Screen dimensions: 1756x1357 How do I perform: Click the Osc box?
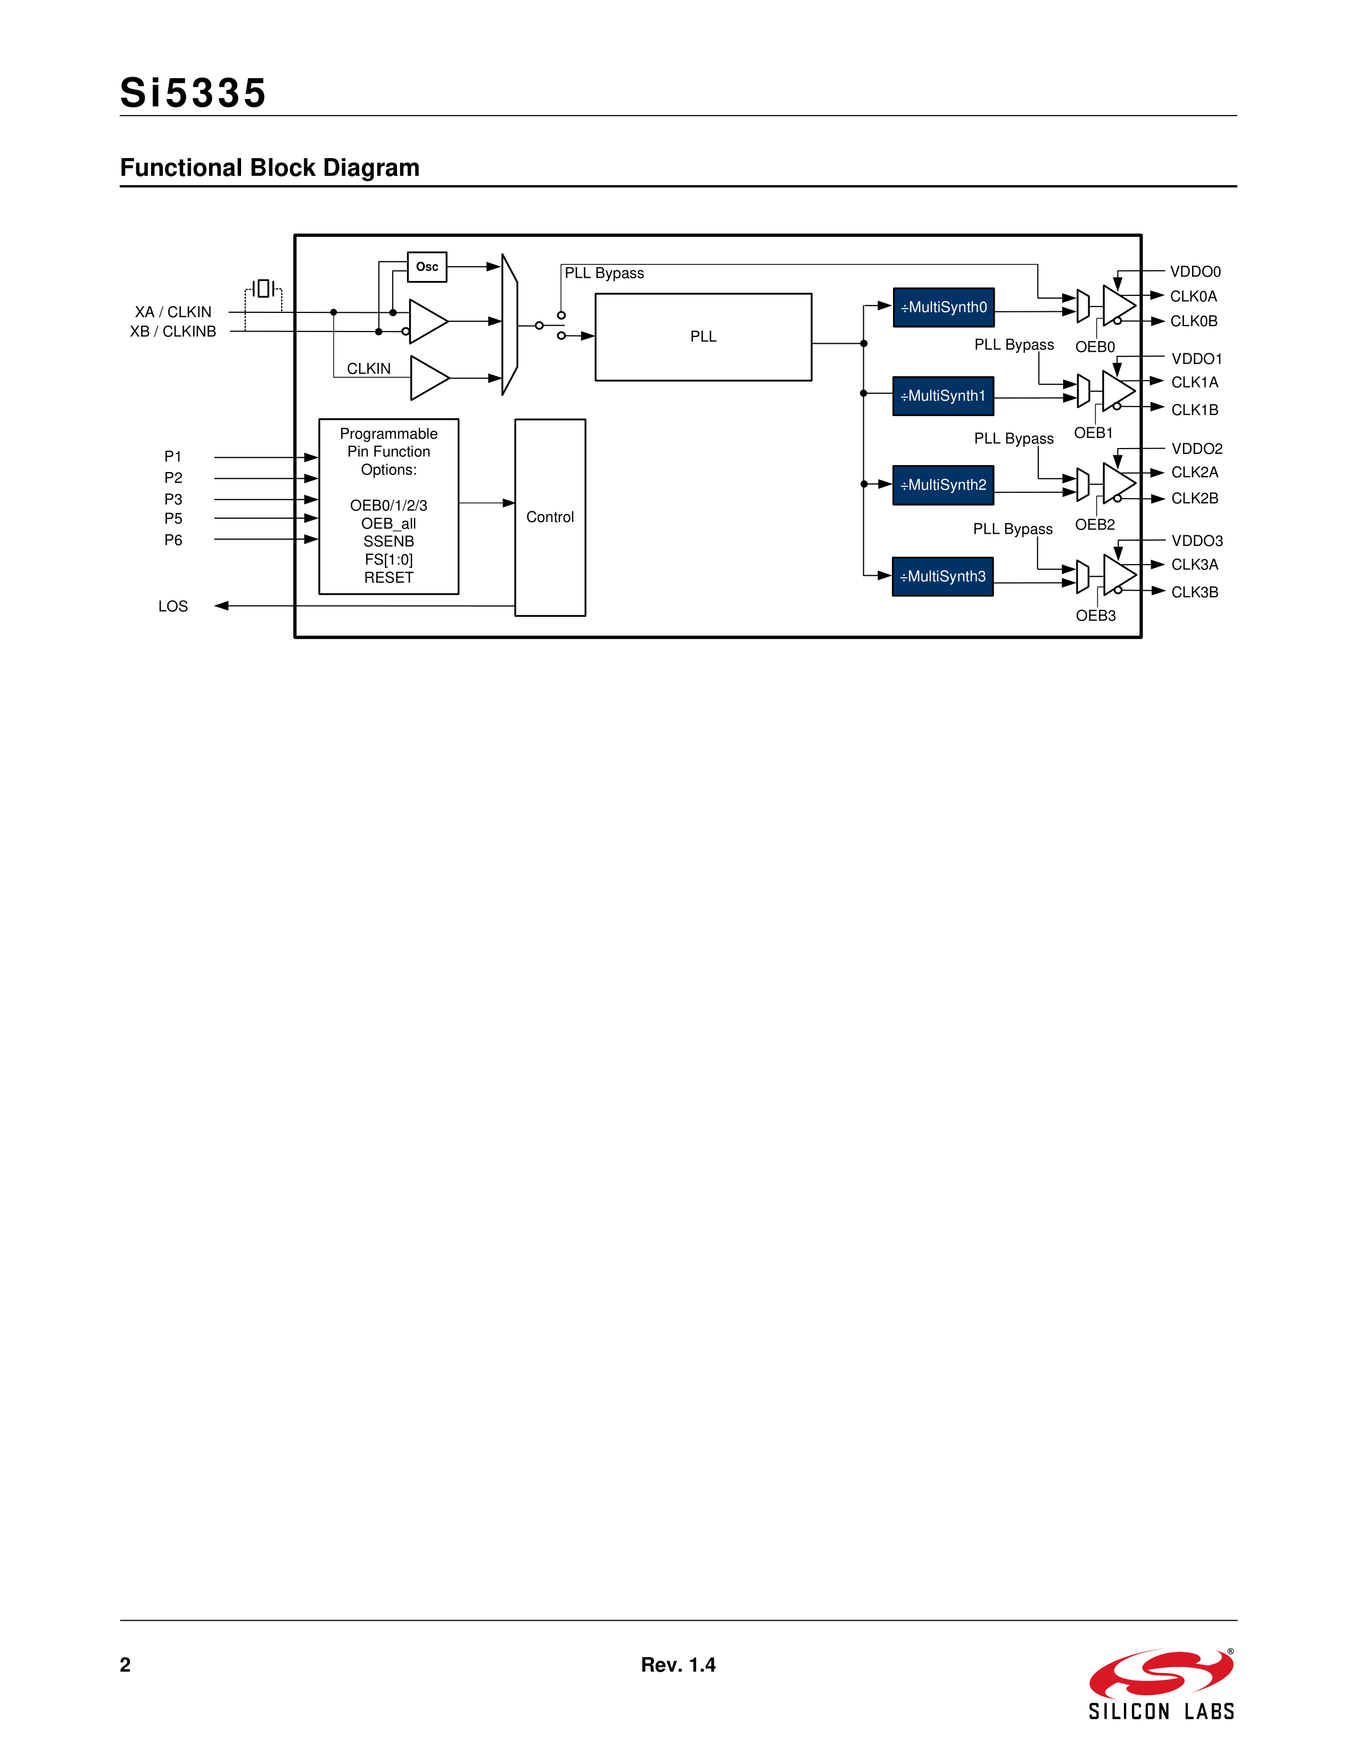pyautogui.click(x=427, y=267)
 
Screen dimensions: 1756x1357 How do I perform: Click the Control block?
pyautogui.click(x=550, y=517)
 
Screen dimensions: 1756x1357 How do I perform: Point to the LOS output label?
pyautogui.click(x=173, y=606)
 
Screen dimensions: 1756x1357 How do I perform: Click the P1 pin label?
pyautogui.click(x=173, y=457)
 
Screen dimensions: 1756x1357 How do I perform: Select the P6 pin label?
pyautogui.click(x=173, y=540)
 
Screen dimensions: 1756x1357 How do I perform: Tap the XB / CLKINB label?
pyautogui.click(x=173, y=332)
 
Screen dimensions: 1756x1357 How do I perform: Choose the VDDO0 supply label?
pyautogui.click(x=1195, y=272)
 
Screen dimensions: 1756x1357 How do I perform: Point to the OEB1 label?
pyautogui.click(x=1094, y=433)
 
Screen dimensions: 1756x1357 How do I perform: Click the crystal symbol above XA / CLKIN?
pyautogui.click(x=263, y=288)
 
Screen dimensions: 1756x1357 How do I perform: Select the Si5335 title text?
pyautogui.click(x=193, y=93)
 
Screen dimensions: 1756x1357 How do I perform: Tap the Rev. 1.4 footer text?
pyautogui.click(x=677, y=1665)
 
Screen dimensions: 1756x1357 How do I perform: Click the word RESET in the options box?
pyautogui.click(x=388, y=578)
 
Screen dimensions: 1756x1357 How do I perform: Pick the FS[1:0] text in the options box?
pyautogui.click(x=388, y=560)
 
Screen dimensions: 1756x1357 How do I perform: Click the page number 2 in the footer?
pyautogui.click(x=126, y=1665)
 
